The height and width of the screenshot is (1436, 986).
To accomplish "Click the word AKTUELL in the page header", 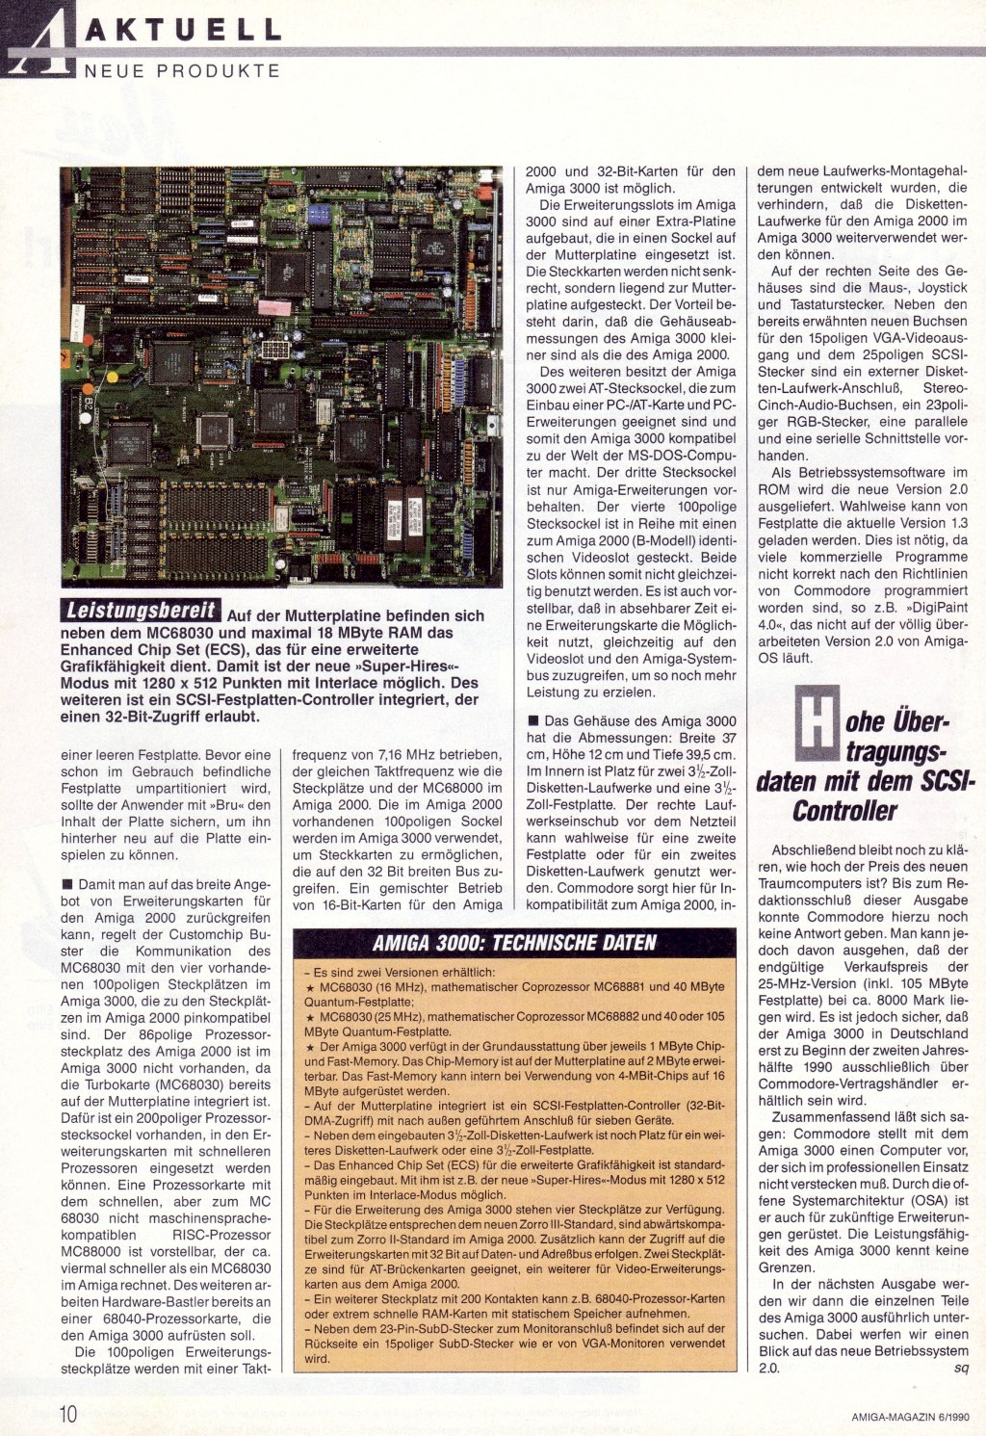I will (183, 29).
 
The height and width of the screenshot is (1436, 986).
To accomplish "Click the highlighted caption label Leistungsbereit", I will (141, 610).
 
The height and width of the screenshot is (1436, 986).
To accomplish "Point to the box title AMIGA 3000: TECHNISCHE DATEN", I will (514, 943).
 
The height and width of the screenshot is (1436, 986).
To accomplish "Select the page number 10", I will (68, 1413).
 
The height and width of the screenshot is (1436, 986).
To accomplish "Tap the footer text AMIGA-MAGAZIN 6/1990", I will (910, 1415).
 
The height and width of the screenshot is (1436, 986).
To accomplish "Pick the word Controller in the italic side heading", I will (844, 811).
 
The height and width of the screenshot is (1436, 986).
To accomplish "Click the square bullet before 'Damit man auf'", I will (66, 884).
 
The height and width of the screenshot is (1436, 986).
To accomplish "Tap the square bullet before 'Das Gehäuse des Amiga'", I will (532, 720).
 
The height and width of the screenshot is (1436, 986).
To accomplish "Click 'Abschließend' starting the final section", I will (814, 850).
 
